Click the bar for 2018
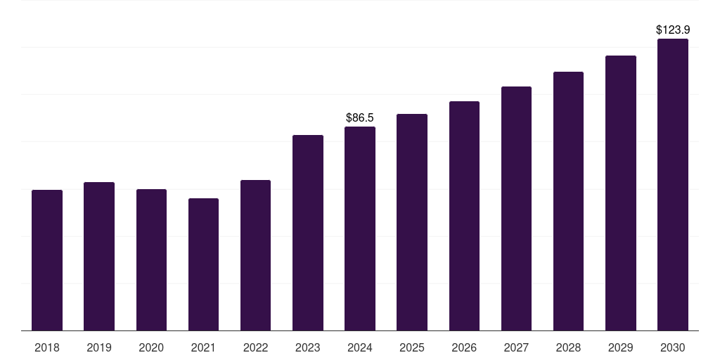click(47, 260)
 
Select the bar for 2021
click(203, 264)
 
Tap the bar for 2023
click(308, 233)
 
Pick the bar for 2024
click(360, 229)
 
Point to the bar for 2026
click(464, 216)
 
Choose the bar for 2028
click(568, 201)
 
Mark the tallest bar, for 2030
click(673, 185)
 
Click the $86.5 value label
click(360, 117)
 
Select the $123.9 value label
click(673, 30)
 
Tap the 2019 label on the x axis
click(99, 348)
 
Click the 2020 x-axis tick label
click(151, 348)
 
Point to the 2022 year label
click(255, 348)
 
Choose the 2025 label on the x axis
click(412, 348)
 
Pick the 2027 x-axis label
click(516, 348)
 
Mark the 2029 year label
click(620, 348)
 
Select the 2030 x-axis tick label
click(673, 348)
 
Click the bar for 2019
click(99, 256)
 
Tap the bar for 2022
click(255, 255)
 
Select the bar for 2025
click(412, 222)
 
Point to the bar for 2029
click(620, 193)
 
